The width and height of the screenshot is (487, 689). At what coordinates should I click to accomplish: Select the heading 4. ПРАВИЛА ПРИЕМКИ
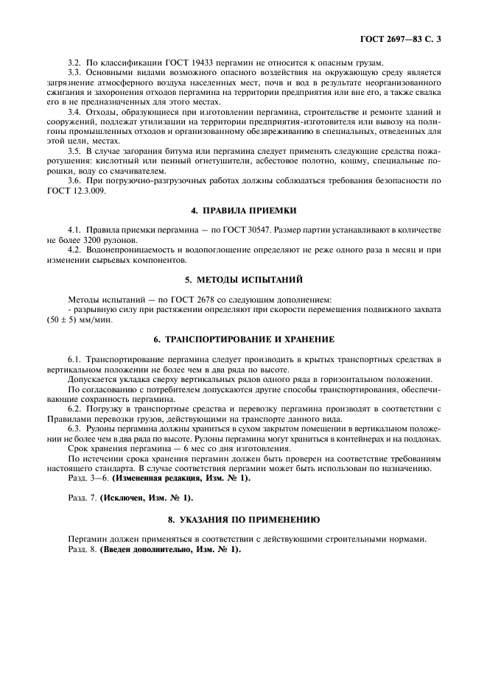click(244, 210)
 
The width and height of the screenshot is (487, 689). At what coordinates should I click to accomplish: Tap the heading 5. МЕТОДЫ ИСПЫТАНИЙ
click(244, 279)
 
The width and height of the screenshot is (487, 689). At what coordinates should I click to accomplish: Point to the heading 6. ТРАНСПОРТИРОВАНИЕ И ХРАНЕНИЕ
click(244, 339)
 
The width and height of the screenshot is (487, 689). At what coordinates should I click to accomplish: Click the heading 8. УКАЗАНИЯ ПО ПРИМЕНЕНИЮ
click(244, 519)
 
